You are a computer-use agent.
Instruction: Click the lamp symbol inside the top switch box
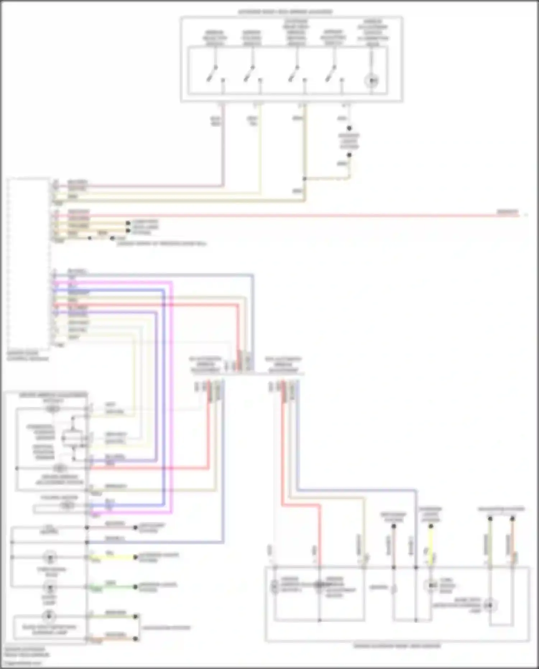[x=372, y=81]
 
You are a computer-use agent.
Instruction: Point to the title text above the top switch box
[x=285, y=12]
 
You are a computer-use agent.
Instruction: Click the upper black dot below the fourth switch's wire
[x=349, y=128]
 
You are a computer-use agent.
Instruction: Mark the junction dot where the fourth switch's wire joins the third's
[x=304, y=179]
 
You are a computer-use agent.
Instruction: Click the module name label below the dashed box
[x=28, y=356]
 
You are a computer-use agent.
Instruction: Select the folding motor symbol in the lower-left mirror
[x=67, y=505]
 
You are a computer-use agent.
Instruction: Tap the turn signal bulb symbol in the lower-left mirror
[x=49, y=558]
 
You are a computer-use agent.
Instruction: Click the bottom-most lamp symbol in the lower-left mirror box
[x=49, y=617]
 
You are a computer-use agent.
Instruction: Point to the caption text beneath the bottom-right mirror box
[x=397, y=646]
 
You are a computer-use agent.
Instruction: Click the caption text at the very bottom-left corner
[x=27, y=652]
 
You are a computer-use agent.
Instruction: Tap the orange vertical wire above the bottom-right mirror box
[x=512, y=543]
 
